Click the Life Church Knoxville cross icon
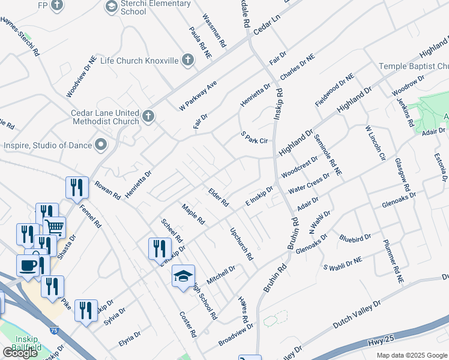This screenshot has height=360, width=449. coord(188,60)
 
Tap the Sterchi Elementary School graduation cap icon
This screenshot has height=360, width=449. coord(111,7)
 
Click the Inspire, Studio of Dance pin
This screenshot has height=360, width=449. coord(101,145)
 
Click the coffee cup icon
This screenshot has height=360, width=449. coord(28,265)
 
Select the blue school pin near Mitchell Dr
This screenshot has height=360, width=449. coord(183,276)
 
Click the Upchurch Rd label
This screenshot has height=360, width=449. coord(241,244)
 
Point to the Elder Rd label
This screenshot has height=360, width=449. coord(218,197)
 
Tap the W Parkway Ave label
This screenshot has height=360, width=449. coord(197,95)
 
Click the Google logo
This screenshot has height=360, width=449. coord(20,353)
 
